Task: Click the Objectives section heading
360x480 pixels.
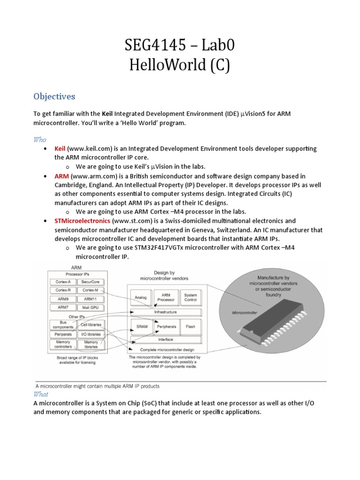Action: [54, 96]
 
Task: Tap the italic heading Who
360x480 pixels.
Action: [40, 140]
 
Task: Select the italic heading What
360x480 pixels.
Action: [41, 394]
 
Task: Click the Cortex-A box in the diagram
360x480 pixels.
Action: [63, 282]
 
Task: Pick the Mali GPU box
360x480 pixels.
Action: [90, 307]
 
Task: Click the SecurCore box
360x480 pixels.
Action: [90, 282]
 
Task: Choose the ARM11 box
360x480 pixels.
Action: [90, 299]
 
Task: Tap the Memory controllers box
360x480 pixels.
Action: [63, 345]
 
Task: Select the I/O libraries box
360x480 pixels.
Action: [90, 334]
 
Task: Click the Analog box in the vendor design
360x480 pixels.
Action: [141, 297]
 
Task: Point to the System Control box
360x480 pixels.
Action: [190, 297]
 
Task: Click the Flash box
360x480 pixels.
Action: [190, 327]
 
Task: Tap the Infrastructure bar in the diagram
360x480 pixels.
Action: [165, 312]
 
